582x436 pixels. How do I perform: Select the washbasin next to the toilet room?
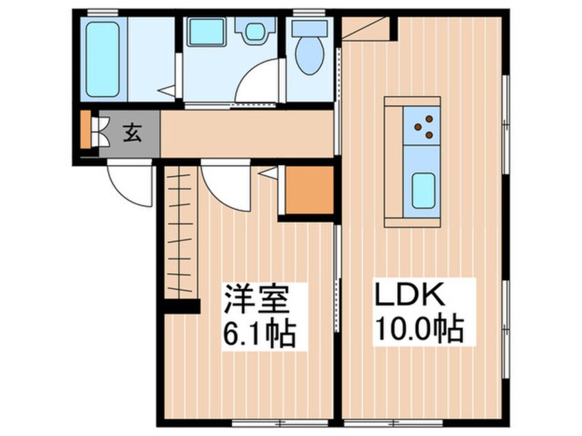click(255, 29)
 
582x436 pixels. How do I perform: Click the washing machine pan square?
click(206, 31)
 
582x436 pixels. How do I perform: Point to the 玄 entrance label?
click(133, 133)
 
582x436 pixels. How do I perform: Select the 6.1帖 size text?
click(257, 335)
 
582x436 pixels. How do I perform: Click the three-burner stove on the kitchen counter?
click(422, 126)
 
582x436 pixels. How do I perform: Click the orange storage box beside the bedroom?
click(308, 190)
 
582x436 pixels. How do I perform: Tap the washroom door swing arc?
click(258, 83)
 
